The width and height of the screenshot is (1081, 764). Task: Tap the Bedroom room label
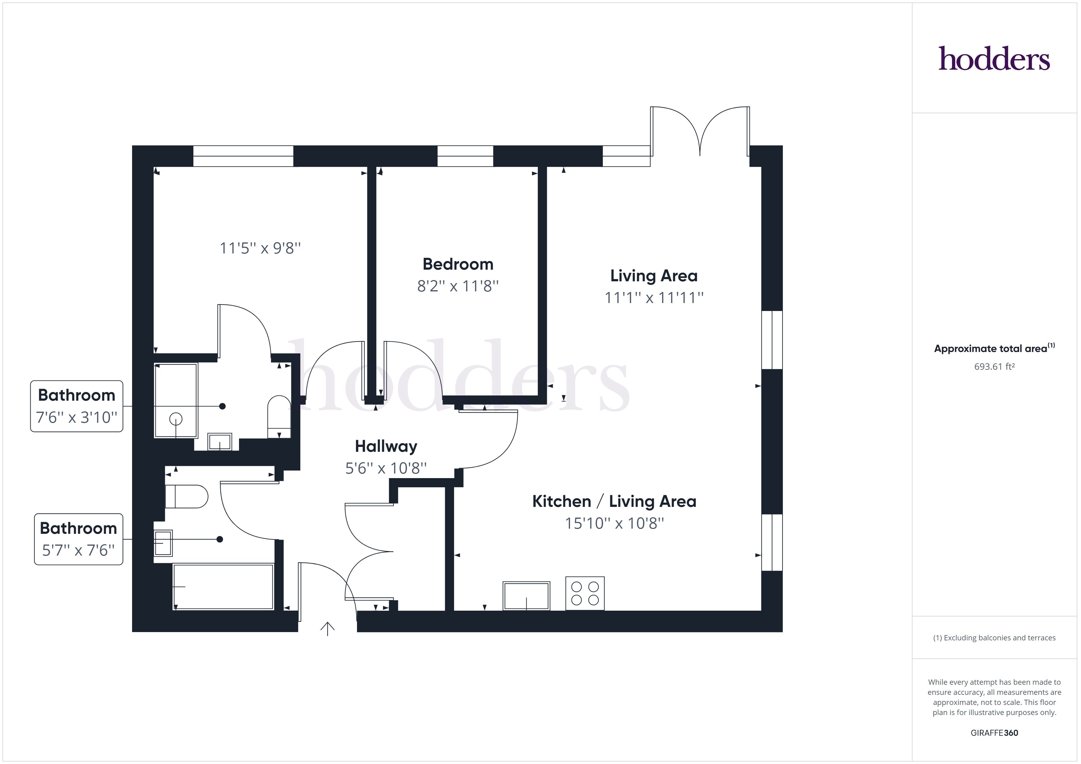[x=458, y=264]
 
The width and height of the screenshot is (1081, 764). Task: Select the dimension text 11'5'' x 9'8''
[x=260, y=248]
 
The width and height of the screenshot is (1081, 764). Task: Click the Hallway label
[x=385, y=446]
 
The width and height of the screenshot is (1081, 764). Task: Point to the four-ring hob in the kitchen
[x=585, y=593]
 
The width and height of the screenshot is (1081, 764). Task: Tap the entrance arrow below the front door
[x=327, y=628]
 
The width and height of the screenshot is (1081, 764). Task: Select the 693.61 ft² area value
[x=994, y=366]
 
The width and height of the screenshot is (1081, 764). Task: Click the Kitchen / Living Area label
[x=614, y=501]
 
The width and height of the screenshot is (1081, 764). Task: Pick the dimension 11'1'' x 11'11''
[x=654, y=298]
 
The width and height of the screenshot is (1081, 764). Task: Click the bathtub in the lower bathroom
[x=223, y=587]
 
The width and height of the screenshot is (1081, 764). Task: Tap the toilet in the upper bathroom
[x=279, y=416]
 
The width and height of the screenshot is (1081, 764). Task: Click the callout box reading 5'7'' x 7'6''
[x=78, y=539]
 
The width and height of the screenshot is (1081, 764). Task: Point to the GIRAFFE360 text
[x=994, y=732]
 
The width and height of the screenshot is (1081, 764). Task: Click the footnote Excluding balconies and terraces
[x=994, y=638]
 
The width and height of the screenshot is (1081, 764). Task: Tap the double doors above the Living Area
[x=700, y=132]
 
